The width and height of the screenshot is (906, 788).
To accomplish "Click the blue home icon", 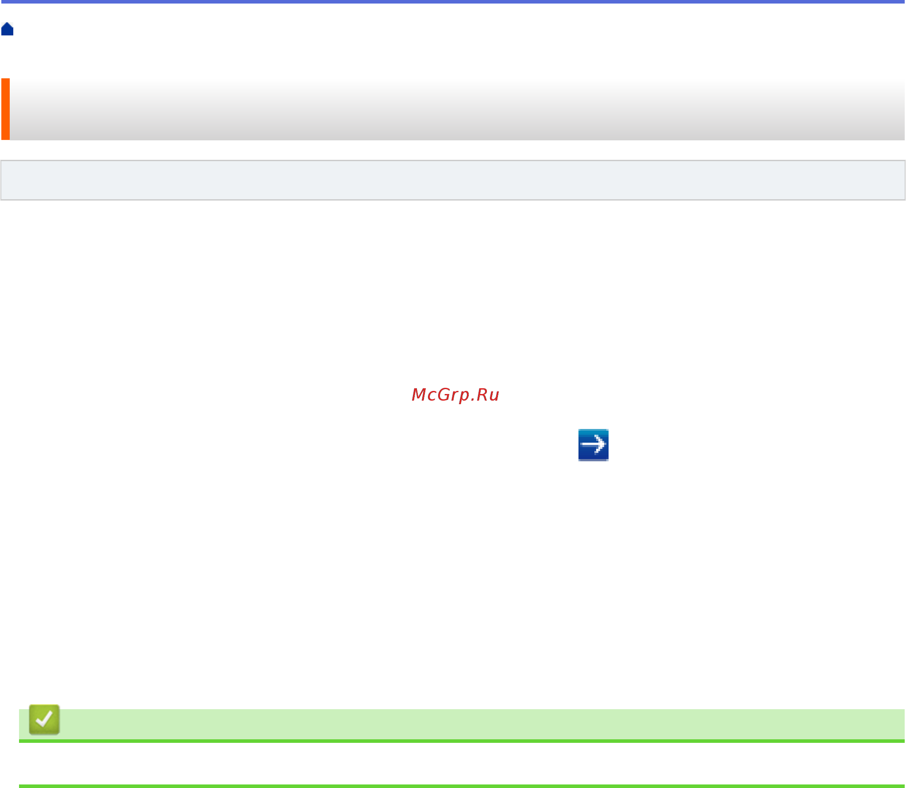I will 7,29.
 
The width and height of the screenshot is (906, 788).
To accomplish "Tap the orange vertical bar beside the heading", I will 5,109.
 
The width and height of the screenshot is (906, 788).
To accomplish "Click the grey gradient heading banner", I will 456,109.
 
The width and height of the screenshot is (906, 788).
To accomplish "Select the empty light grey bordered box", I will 452,180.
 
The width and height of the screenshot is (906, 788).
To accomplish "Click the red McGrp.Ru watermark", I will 455,394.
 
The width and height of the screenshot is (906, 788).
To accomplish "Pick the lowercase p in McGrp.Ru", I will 464,396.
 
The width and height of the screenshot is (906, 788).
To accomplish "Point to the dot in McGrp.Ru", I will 472,400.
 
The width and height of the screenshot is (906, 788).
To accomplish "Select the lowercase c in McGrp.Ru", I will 432,395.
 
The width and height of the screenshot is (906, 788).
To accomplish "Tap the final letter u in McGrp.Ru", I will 494,395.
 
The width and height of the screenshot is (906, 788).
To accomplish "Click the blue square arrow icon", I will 593,444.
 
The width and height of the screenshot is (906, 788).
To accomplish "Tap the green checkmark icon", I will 44,719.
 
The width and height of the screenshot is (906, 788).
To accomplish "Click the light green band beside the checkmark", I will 482,724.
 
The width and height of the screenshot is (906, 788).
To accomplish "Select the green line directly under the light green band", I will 461,741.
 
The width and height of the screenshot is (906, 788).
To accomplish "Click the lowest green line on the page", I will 461,786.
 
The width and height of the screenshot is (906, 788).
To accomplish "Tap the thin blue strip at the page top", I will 452,2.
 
